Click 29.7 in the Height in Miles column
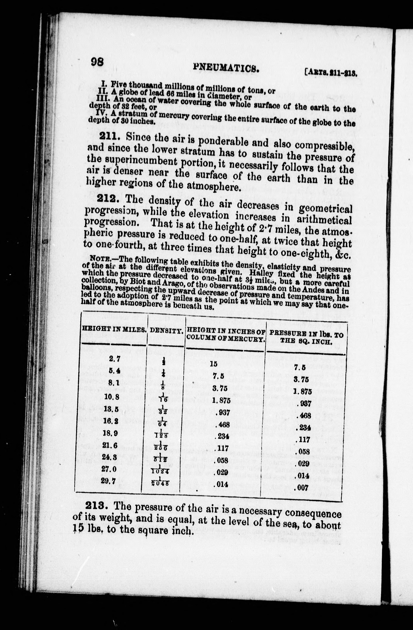click(108, 481)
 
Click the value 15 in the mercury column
click(213, 364)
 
